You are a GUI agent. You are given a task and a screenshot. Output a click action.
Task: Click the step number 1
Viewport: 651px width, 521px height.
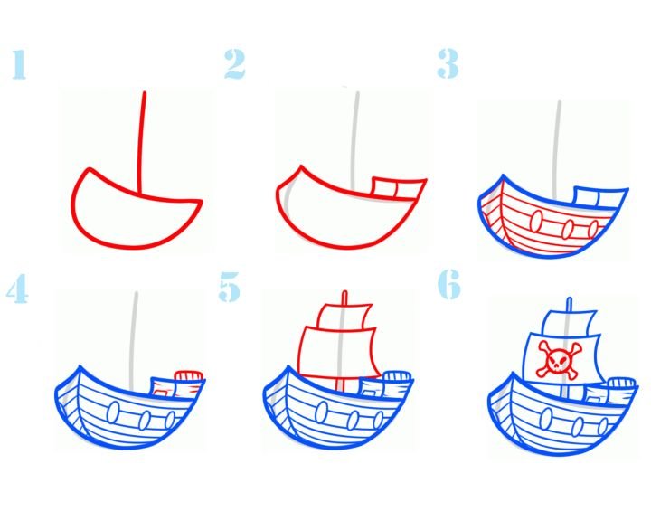click(x=19, y=64)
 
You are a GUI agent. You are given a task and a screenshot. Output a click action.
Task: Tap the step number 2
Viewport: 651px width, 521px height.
click(x=234, y=64)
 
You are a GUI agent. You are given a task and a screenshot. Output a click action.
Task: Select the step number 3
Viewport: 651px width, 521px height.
click(x=448, y=63)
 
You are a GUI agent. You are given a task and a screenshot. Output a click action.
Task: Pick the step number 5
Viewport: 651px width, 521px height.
click(x=229, y=287)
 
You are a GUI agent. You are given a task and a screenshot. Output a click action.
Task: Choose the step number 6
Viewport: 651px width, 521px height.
click(x=449, y=284)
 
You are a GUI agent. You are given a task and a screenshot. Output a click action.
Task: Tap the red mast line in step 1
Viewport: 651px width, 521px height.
click(x=142, y=143)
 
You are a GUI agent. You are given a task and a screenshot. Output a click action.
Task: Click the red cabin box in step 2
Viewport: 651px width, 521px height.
click(x=399, y=189)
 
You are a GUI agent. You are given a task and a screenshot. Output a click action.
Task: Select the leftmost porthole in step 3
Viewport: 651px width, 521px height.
click(x=536, y=221)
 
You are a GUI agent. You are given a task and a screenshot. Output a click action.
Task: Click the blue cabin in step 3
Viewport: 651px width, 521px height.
click(x=600, y=197)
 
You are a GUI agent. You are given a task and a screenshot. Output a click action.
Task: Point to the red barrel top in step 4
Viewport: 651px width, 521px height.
click(x=189, y=376)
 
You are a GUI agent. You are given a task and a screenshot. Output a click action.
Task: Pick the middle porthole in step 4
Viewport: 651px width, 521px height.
click(x=145, y=421)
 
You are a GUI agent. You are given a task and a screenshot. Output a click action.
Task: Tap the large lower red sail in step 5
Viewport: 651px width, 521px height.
click(x=338, y=353)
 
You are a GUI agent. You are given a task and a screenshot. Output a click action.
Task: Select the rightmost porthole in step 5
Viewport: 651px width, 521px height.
click(x=378, y=420)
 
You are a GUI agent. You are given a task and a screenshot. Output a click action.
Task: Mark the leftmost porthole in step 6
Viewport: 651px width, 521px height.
click(x=546, y=419)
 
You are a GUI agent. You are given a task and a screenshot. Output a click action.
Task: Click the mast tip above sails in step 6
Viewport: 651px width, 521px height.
click(x=570, y=304)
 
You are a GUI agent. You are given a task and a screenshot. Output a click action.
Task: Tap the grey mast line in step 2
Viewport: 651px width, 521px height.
click(x=354, y=140)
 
